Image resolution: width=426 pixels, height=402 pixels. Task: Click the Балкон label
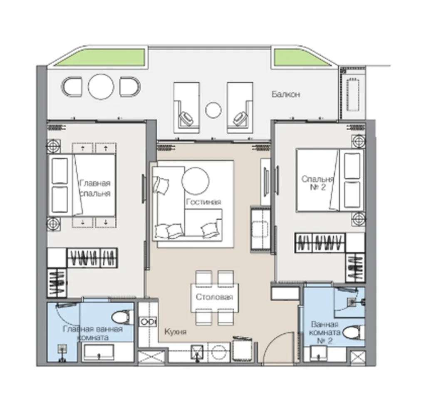pos(286,94)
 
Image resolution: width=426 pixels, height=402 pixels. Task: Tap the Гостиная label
pos(203,202)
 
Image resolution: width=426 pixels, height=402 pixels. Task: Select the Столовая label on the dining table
pos(214,297)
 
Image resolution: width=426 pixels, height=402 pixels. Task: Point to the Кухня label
pos(176,332)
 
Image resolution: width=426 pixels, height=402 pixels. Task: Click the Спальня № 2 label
pos(317,183)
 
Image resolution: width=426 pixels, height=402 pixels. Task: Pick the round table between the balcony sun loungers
pos(213,110)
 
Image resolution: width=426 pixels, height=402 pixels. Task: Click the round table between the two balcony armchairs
pos(101,87)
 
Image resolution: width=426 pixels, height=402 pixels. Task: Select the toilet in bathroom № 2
pos(353,332)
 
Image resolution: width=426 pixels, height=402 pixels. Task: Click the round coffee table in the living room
pos(196,181)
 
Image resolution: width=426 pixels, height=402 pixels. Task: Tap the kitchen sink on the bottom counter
pos(197,352)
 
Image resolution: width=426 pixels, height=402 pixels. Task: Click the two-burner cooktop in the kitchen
pos(148,322)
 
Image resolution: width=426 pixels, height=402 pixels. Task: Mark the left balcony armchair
pos(72,87)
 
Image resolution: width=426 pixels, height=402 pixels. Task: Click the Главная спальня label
pos(95,188)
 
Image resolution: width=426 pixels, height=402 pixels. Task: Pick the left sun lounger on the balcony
pos(186,108)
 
